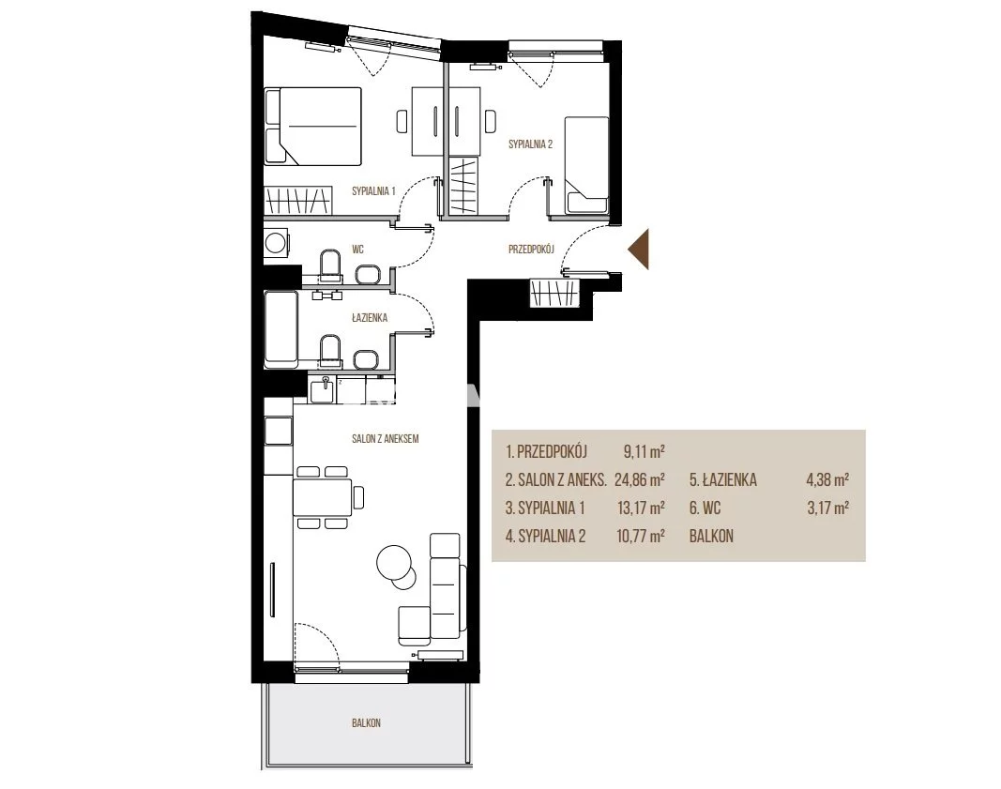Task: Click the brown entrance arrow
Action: pyautogui.click(x=638, y=249)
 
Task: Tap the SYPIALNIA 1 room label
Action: pyautogui.click(x=373, y=190)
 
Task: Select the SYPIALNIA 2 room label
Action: pyautogui.click(x=530, y=144)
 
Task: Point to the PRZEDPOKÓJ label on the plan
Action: pyautogui.click(x=531, y=250)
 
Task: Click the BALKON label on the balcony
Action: pyautogui.click(x=366, y=723)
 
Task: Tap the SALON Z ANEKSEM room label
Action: pyautogui.click(x=385, y=439)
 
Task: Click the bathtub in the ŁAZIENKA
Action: pyautogui.click(x=281, y=329)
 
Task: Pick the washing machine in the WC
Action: pyautogui.click(x=277, y=243)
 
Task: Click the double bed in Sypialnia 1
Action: pyautogui.click(x=312, y=127)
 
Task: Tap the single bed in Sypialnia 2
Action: pyautogui.click(x=586, y=165)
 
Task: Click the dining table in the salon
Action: pyautogui.click(x=323, y=497)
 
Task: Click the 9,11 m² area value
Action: pyautogui.click(x=645, y=452)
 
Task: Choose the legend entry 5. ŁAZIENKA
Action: pyautogui.click(x=723, y=480)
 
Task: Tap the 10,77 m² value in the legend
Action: pyautogui.click(x=641, y=537)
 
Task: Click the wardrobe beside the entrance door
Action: pyautogui.click(x=554, y=293)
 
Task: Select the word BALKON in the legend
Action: pyautogui.click(x=711, y=537)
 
